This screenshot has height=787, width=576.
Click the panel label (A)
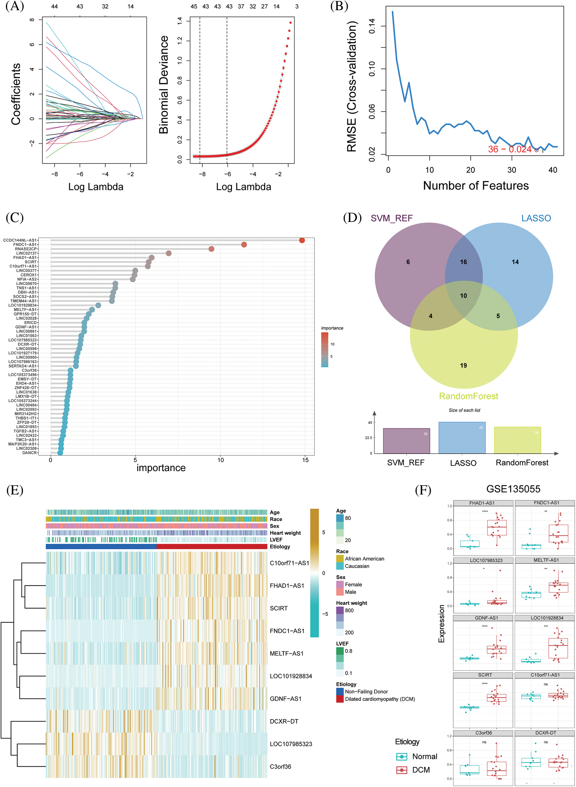[15, 6]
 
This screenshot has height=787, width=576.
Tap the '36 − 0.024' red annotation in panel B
[509, 149]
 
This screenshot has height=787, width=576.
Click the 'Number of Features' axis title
[476, 186]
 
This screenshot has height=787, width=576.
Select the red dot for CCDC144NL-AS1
[302, 240]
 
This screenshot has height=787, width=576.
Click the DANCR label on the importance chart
[29, 453]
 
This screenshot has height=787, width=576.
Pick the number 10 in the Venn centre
[463, 296]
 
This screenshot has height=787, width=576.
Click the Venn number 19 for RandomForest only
[463, 365]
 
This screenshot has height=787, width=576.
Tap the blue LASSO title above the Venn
[536, 218]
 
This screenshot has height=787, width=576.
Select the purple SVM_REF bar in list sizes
[406, 441]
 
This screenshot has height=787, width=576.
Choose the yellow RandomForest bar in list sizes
[518, 440]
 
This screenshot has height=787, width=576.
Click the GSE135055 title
[513, 489]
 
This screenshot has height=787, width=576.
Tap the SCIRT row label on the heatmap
[279, 608]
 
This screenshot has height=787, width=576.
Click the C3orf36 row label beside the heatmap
[280, 766]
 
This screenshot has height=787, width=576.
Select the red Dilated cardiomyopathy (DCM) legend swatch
[340, 699]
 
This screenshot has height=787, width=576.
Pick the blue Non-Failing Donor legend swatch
[340, 691]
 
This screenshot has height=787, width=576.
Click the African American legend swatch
[340, 558]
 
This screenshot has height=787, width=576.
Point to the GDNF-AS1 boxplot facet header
[486, 618]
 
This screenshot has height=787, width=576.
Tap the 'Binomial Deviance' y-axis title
[163, 85]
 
